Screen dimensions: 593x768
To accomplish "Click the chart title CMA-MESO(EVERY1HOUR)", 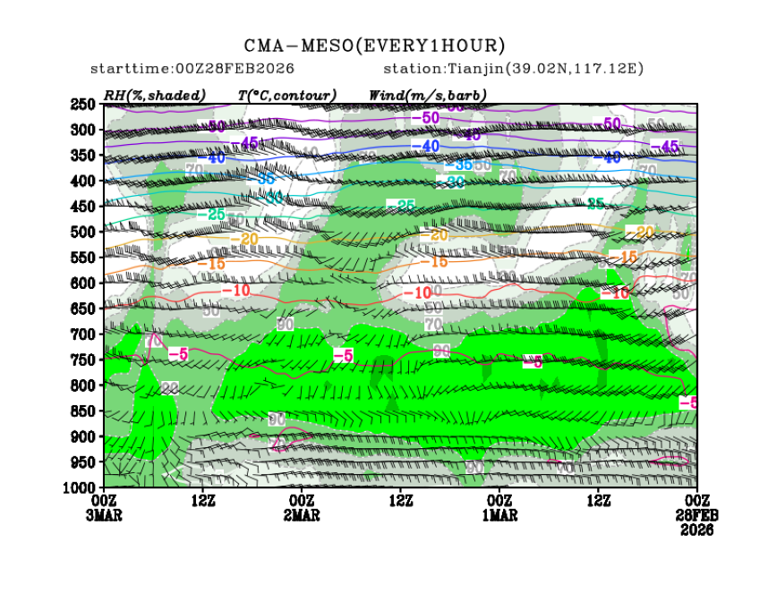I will tap(374, 46).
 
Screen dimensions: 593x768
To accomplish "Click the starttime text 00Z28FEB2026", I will tap(192, 69).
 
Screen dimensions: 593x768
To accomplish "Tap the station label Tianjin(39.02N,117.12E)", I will tap(514, 69).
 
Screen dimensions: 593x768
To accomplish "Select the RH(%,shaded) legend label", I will tap(155, 95).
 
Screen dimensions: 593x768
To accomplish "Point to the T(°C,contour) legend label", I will tap(286, 95).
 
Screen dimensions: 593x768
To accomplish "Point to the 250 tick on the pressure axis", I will tap(83, 105).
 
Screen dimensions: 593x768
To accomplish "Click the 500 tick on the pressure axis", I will tap(83, 233).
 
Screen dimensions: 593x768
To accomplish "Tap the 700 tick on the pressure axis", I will tap(83, 335).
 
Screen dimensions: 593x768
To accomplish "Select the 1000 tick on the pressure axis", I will tap(80, 487).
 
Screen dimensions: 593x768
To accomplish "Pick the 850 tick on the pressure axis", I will tap(83, 411).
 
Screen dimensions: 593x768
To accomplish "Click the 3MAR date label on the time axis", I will tap(105, 515).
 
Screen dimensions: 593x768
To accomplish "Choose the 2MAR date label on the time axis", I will tap(302, 515).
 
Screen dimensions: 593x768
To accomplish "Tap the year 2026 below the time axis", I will tap(696, 529).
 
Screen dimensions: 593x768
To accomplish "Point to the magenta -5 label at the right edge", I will tap(687, 403).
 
